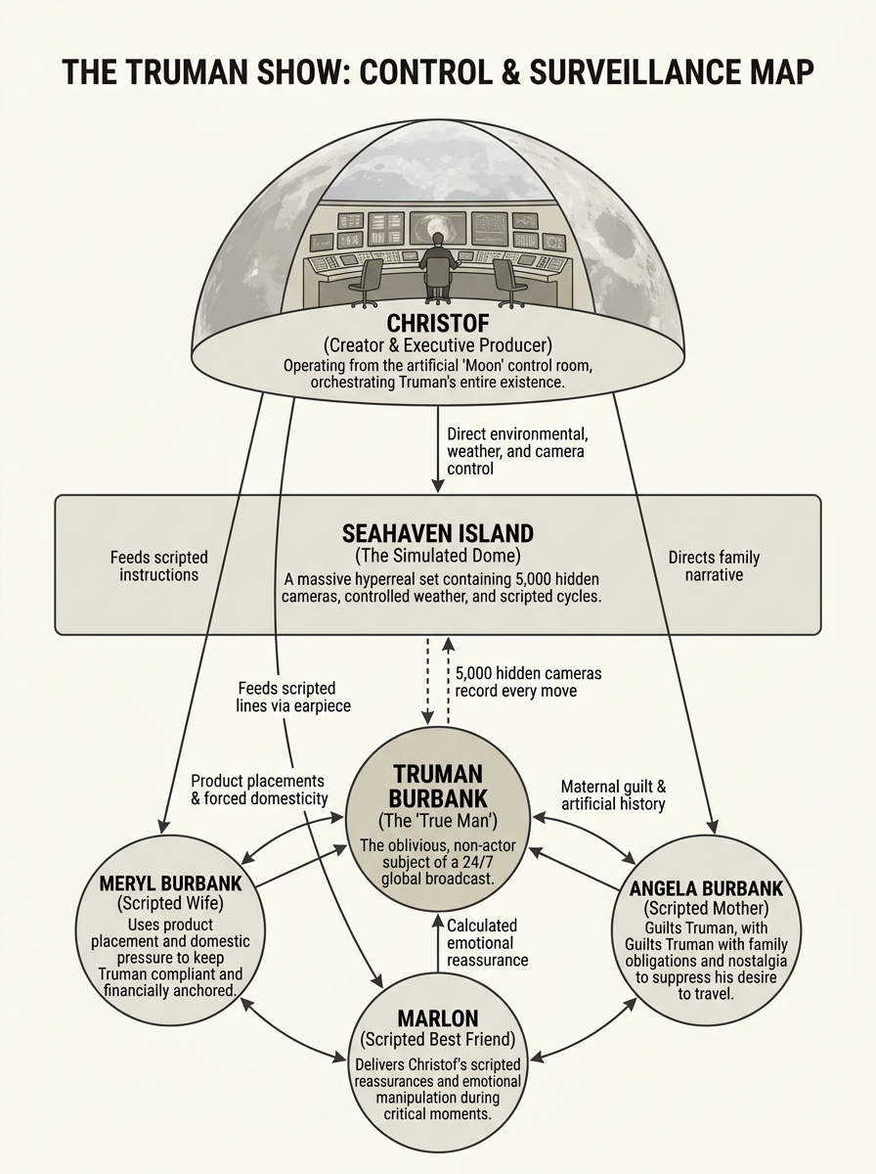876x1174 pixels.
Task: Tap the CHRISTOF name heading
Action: click(x=438, y=323)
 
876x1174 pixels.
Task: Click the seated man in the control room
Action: click(x=438, y=265)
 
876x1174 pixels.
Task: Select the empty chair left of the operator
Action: click(x=366, y=283)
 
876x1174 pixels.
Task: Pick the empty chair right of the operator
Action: click(x=509, y=283)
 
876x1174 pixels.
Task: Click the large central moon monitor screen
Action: click(x=438, y=228)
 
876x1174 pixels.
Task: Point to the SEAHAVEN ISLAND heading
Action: click(x=438, y=534)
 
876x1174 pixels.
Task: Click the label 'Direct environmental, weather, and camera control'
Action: click(x=517, y=451)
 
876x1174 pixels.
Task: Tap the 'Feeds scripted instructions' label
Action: click(x=158, y=565)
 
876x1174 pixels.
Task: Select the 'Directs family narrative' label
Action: click(x=714, y=565)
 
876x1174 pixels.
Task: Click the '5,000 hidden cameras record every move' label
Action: click(x=528, y=682)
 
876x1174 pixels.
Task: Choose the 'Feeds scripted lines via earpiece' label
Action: click(x=293, y=697)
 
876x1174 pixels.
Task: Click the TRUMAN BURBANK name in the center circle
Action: click(x=438, y=787)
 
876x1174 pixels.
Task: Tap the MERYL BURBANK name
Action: click(x=170, y=883)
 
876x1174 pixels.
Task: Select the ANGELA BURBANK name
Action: click(x=706, y=888)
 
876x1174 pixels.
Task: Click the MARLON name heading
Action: click(x=438, y=1018)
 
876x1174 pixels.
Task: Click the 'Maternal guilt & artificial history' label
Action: click(x=614, y=794)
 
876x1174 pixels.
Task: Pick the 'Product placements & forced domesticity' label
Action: click(x=259, y=790)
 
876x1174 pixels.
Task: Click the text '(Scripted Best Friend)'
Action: click(x=438, y=1039)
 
